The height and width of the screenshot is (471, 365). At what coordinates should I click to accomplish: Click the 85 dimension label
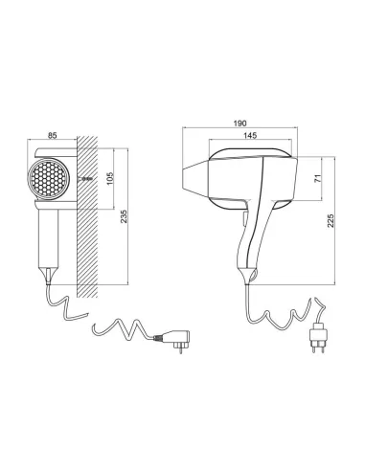(x=52, y=136)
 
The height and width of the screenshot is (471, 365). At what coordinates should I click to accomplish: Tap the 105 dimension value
(x=110, y=179)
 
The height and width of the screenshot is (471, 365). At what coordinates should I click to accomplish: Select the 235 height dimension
(x=124, y=216)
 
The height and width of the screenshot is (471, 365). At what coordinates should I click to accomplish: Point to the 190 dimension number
(x=240, y=123)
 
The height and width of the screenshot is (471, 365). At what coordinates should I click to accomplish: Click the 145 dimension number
(x=250, y=135)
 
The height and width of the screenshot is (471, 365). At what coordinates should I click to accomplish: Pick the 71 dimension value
(x=318, y=179)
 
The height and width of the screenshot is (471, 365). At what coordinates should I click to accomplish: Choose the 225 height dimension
(x=331, y=220)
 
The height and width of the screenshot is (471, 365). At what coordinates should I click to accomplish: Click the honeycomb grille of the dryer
(x=49, y=178)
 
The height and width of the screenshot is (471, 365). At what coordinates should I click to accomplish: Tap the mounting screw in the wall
(x=85, y=179)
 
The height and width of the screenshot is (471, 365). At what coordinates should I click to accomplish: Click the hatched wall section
(x=87, y=217)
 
